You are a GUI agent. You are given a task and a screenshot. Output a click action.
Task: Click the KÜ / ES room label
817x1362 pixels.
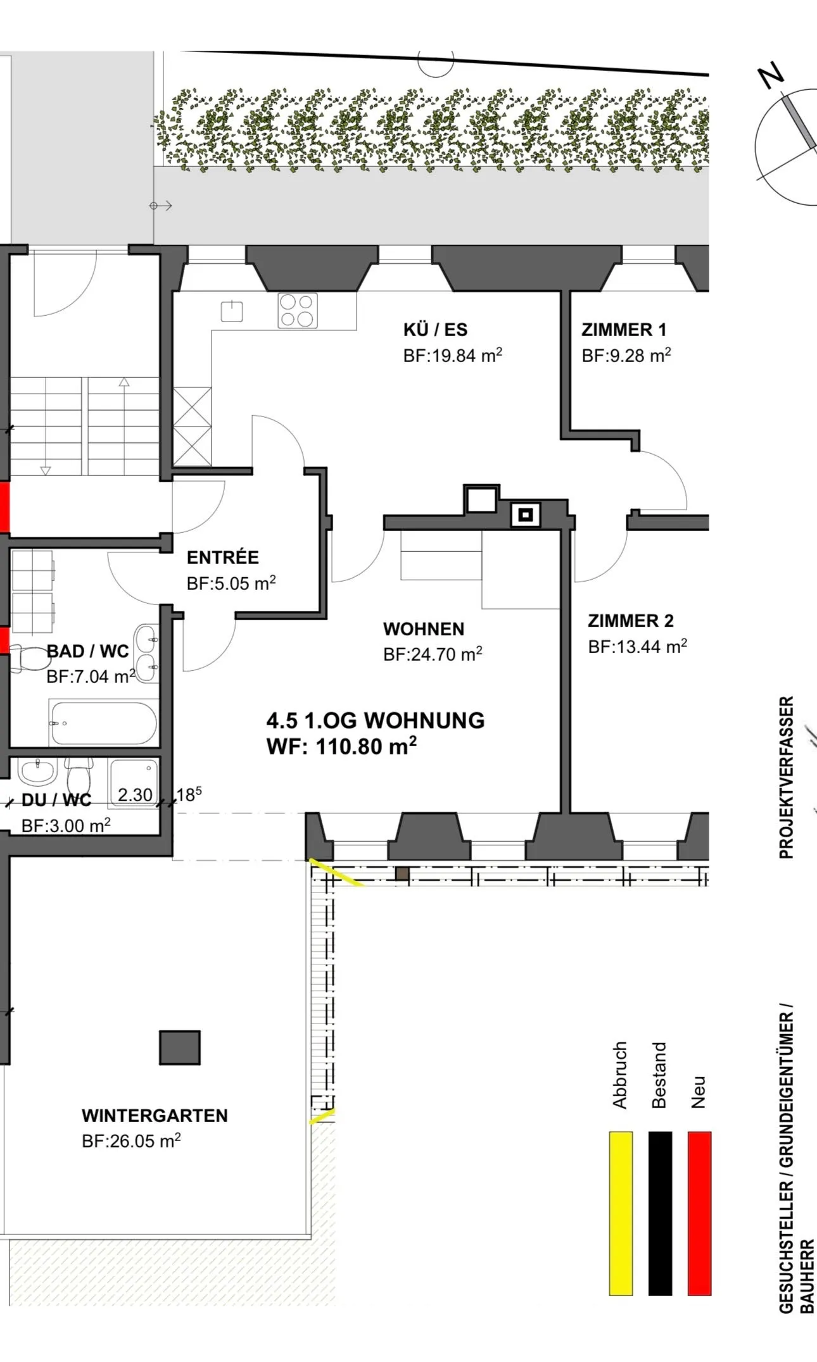coord(435,330)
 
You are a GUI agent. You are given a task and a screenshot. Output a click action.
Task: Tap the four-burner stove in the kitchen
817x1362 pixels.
coord(297,311)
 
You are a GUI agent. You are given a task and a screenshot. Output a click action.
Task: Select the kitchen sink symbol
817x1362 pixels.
coord(232,311)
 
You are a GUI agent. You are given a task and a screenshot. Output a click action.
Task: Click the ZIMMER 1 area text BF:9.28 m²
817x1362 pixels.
coord(626,356)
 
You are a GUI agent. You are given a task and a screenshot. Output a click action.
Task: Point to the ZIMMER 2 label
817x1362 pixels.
coord(630,621)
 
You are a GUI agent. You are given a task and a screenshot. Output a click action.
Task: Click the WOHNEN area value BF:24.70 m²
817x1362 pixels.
coord(433,654)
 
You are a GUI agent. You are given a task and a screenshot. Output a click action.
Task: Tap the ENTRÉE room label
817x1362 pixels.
coord(222,558)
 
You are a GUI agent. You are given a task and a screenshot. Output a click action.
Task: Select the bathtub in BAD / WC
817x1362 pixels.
coord(103,723)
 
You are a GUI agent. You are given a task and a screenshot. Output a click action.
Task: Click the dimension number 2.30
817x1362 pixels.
coord(135,795)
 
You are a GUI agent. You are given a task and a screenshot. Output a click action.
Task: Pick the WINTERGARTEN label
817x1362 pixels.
coord(155,1116)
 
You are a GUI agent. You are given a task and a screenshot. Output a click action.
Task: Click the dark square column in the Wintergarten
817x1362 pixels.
coord(179,1047)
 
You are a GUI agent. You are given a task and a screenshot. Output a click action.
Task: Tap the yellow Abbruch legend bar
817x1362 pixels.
coord(621,1213)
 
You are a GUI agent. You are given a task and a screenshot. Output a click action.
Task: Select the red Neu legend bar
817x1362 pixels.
coord(699,1213)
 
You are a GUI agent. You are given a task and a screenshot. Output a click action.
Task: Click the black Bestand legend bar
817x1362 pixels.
coord(660,1213)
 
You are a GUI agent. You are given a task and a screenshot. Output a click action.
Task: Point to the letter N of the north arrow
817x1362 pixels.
coord(772,76)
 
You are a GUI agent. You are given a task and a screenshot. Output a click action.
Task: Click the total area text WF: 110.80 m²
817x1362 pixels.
coord(341,747)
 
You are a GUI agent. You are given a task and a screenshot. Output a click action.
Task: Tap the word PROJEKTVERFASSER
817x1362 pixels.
coord(786,777)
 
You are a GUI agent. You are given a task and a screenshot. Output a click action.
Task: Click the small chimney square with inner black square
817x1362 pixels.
coord(525,515)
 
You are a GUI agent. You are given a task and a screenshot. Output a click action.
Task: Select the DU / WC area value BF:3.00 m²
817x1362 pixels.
coord(66,826)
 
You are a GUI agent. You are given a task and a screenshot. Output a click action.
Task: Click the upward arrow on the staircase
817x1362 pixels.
coord(124,382)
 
